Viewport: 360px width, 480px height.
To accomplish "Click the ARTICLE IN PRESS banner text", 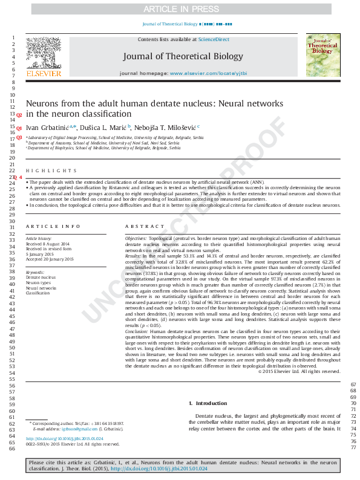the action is [180, 9].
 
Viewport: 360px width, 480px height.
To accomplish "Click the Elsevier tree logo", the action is [43, 54].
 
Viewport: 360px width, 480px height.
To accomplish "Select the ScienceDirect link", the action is [214, 39].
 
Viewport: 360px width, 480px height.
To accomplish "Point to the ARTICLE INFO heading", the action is [53, 226].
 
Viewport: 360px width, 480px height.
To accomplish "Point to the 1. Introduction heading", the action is [208, 403].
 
